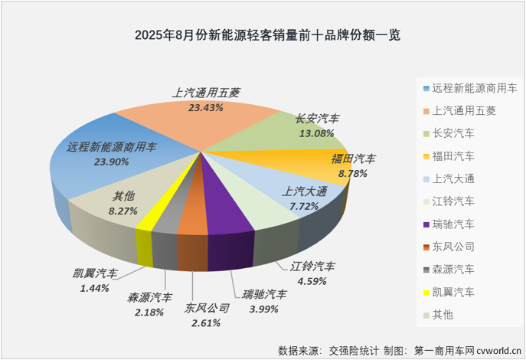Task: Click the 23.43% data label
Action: point(205,108)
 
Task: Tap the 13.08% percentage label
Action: point(316,133)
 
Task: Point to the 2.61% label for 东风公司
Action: point(206,322)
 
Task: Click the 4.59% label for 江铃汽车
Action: point(312,280)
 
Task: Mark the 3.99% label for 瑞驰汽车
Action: point(264,308)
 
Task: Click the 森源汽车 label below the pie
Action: point(150,297)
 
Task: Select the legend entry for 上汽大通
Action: point(452,178)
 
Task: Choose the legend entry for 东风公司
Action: point(452,247)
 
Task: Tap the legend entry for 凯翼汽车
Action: point(452,292)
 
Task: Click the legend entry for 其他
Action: point(443,315)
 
